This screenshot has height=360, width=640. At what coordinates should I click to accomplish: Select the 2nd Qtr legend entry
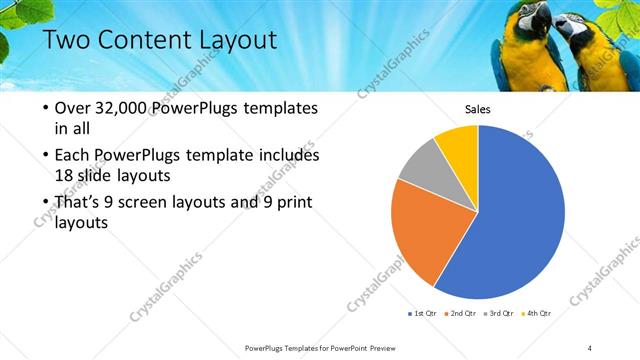[459, 314]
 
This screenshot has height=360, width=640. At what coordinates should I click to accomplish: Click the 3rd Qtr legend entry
[497, 314]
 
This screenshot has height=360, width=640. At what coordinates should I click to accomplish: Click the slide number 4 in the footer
[590, 346]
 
